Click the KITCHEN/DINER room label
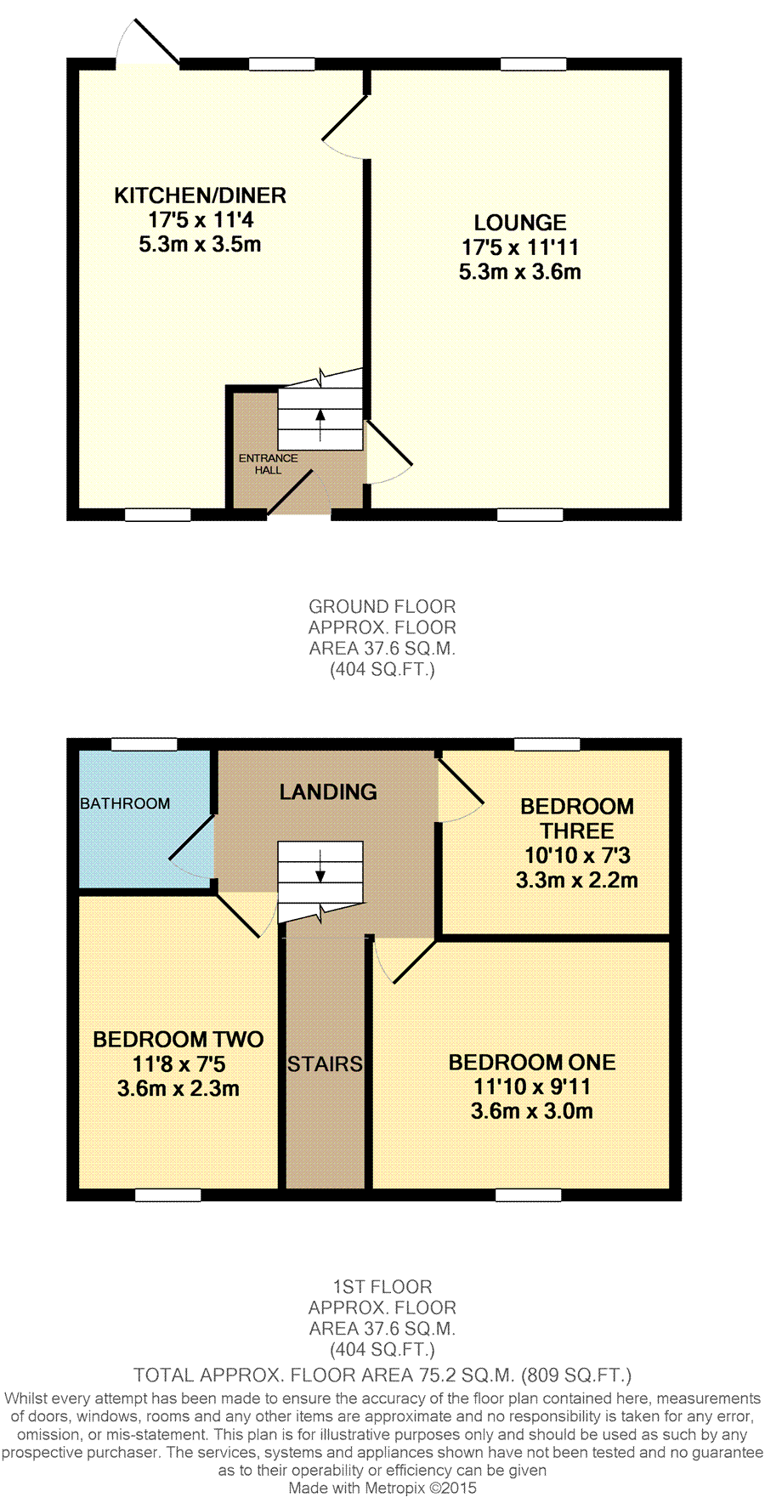tap(200, 196)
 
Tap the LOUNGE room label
tap(520, 223)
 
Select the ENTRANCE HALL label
tap(268, 464)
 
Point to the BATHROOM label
tap(125, 803)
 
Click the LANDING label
tap(328, 792)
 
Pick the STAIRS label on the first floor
tap(325, 1064)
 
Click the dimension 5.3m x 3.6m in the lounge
tap(520, 272)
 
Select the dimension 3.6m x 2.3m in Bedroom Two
tap(178, 1088)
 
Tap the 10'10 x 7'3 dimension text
tap(577, 855)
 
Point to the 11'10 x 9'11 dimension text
tap(532, 1086)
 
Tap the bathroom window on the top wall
tap(144, 745)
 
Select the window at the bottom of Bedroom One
tap(529, 1194)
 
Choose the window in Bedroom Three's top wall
tap(547, 745)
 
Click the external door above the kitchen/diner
tap(148, 43)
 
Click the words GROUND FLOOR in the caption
tap(382, 607)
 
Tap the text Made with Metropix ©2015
tap(382, 1489)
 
